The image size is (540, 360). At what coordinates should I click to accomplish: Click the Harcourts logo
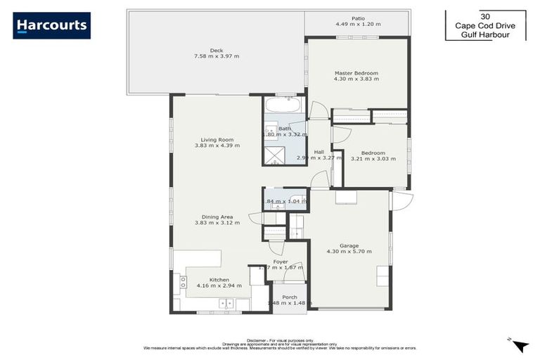tap(51, 25)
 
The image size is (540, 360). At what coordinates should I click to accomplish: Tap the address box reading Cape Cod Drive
tap(484, 25)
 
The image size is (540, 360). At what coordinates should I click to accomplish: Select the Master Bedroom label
tap(356, 73)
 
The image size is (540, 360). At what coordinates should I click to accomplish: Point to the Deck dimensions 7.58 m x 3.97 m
tap(216, 56)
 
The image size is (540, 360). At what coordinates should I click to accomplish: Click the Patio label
tap(358, 18)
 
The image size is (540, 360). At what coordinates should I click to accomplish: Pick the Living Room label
tap(217, 139)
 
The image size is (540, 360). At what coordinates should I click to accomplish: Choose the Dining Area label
tap(217, 217)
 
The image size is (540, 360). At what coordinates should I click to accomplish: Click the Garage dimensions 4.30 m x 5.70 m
tap(349, 251)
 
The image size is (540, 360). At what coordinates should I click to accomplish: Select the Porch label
tap(289, 297)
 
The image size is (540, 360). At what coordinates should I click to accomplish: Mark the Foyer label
tap(281, 262)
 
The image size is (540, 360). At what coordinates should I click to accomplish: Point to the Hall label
tap(319, 151)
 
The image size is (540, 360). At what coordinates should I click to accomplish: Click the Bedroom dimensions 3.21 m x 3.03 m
tap(373, 159)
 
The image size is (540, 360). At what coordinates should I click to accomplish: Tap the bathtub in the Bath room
tap(284, 106)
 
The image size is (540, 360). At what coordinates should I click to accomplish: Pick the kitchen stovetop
tap(184, 282)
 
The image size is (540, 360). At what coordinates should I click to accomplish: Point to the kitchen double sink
tap(227, 304)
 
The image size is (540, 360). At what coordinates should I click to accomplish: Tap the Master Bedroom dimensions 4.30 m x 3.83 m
tap(356, 79)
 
